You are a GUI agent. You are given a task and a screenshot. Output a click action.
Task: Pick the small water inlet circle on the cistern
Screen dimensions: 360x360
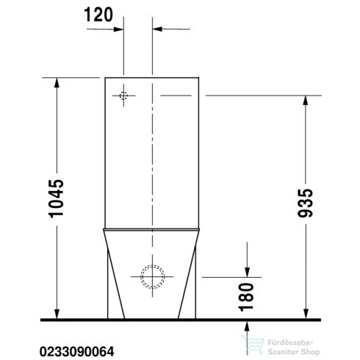click(x=124, y=96)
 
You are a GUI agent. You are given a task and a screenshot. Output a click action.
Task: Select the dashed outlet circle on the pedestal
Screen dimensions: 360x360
click(x=154, y=277)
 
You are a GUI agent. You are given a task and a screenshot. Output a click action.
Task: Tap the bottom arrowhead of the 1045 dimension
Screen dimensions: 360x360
click(x=57, y=314)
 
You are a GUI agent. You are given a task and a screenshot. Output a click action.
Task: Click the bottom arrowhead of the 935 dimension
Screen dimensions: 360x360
click(x=305, y=314)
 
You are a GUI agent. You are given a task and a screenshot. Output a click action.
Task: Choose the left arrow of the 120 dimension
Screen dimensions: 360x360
click(x=117, y=30)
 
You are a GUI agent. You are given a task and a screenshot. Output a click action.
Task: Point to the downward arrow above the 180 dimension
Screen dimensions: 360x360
click(x=248, y=272)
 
